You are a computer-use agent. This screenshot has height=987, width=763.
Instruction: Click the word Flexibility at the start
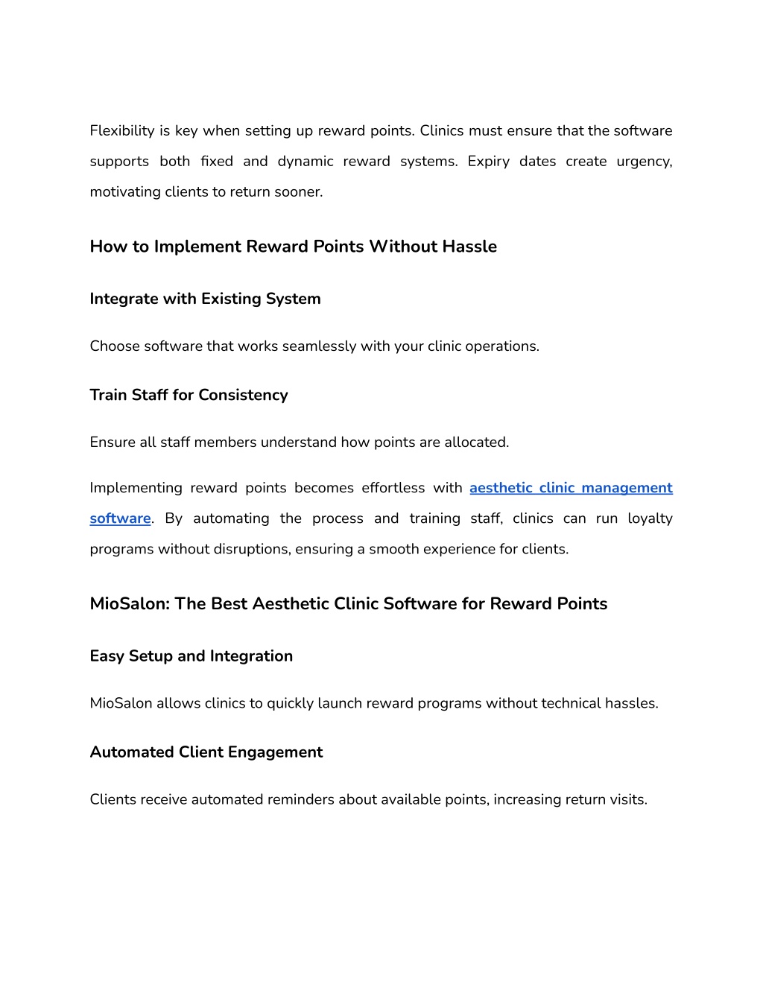(122, 130)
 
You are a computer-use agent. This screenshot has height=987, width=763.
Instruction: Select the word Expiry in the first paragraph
(488, 161)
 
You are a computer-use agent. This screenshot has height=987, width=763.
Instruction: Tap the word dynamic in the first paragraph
(305, 161)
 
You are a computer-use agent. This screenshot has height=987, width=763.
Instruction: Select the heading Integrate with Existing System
(205, 299)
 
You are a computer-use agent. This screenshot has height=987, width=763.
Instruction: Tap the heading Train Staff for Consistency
(189, 395)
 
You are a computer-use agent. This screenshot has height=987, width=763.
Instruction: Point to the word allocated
(476, 442)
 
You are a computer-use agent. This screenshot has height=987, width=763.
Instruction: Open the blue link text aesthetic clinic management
(571, 488)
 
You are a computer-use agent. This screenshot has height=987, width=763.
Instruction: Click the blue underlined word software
(120, 518)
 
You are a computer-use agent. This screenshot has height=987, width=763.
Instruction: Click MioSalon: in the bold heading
(130, 603)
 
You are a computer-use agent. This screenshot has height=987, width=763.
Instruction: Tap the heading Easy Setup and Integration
(191, 656)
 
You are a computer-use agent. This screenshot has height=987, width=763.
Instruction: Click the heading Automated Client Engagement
(206, 752)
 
